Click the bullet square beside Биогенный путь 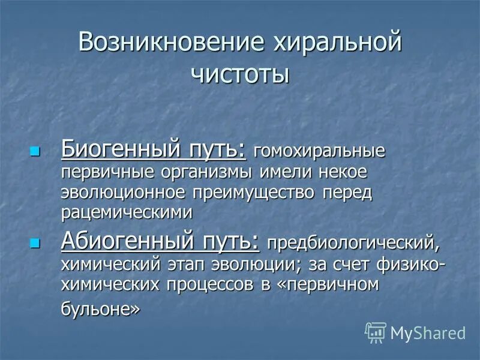[35, 150]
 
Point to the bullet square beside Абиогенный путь [35, 243]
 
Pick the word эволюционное [124, 193]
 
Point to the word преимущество [257, 194]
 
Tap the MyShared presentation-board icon [376, 332]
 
